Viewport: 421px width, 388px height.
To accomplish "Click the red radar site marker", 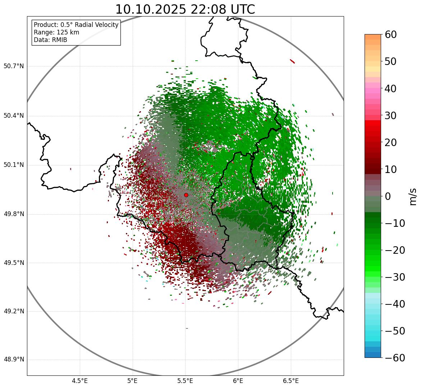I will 186,195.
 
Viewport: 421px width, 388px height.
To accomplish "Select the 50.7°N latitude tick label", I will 14,66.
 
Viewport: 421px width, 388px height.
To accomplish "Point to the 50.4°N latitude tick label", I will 14,116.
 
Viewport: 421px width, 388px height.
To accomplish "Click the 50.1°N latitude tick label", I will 14,165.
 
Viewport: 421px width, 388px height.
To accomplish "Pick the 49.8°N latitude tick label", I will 14,214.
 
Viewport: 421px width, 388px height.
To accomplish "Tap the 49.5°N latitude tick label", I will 14,263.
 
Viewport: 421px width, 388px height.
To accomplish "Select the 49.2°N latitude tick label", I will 14,312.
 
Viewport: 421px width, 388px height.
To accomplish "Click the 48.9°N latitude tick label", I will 14,360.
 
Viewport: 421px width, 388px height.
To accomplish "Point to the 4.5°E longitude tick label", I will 80,381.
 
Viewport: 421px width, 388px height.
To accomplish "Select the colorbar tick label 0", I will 388,197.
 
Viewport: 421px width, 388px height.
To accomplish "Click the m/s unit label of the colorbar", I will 413,196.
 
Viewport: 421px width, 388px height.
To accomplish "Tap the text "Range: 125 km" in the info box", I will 56,32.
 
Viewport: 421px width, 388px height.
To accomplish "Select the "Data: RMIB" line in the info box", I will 50,40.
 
